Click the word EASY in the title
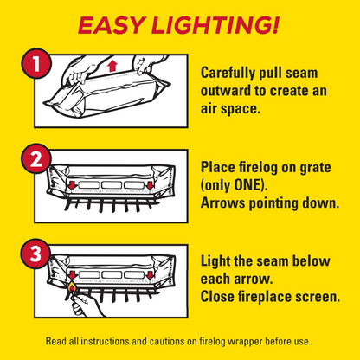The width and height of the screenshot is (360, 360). coord(111,25)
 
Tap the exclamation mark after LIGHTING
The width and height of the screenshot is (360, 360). coord(274,25)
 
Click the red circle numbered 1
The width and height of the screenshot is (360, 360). coord(36,63)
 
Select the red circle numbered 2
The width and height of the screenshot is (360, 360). coord(36,159)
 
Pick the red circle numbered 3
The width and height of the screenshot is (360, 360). coord(35,254)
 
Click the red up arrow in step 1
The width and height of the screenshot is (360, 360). coord(112,66)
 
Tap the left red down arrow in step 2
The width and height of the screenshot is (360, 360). coord(72,186)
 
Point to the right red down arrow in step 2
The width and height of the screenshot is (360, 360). coord(150,185)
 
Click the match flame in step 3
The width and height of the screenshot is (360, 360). coord(72,287)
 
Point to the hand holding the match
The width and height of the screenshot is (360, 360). coord(87,306)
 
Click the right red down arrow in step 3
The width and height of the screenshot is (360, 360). coord(150,275)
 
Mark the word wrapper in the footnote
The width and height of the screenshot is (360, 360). coord(245,342)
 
